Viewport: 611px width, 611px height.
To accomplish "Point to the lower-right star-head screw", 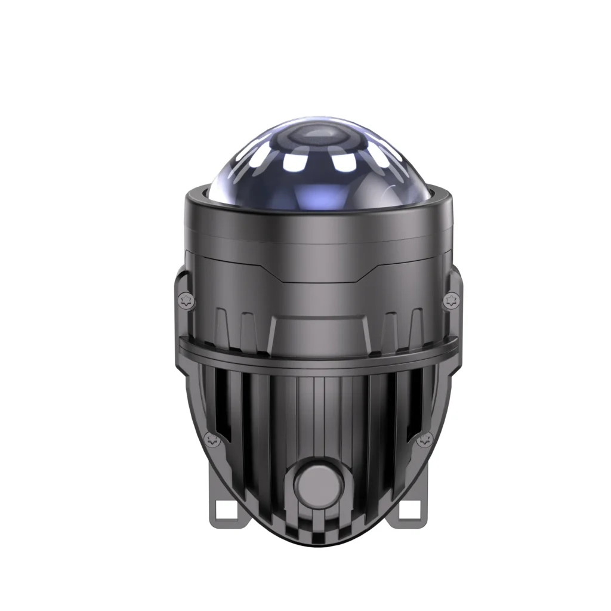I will [425, 440].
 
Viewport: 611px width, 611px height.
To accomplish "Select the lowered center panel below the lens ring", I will [316, 271].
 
